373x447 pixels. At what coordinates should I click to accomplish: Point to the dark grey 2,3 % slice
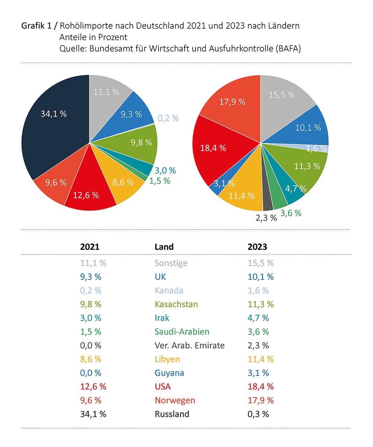pyautogui.click(x=267, y=203)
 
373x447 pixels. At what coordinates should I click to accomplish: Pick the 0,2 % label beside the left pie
pyautogui.click(x=168, y=118)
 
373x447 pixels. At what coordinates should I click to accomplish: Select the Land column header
pyautogui.click(x=164, y=247)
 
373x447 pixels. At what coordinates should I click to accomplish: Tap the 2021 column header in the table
pyautogui.click(x=90, y=247)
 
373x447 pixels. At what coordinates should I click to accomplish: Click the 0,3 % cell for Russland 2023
pyautogui.click(x=258, y=414)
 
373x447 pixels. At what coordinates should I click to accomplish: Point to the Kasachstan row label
pyautogui.click(x=176, y=304)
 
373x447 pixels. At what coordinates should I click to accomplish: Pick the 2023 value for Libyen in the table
pyautogui.click(x=261, y=359)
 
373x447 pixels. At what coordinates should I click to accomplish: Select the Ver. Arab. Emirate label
pyautogui.click(x=189, y=345)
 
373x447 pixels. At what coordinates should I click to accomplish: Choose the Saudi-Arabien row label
pyautogui.click(x=182, y=332)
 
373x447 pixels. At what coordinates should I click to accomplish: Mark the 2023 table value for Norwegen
pyautogui.click(x=261, y=400)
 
